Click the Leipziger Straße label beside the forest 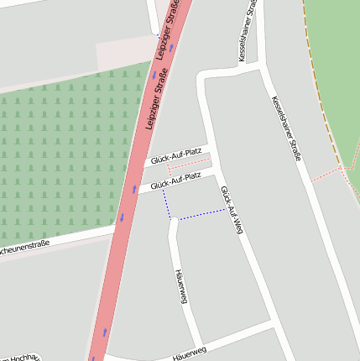(x=157, y=102)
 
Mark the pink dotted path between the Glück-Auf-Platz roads (x=186, y=166)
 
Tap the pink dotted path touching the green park (x=329, y=174)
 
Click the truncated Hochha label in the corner (x=20, y=357)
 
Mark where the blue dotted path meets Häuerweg (x=172, y=220)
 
